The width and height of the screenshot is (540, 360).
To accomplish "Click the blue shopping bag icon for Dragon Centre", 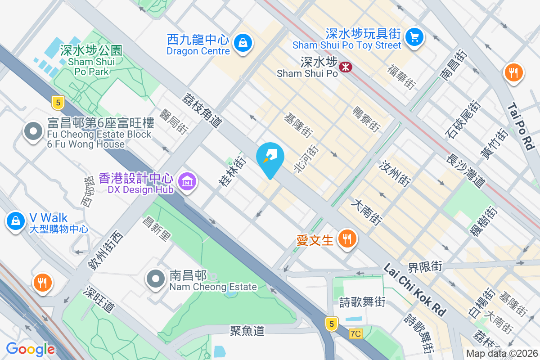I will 243,43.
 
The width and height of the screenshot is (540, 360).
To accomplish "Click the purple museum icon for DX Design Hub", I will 186,182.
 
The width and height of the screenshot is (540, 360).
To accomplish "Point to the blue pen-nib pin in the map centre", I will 270,158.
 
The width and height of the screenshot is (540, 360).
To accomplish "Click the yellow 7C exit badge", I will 355,333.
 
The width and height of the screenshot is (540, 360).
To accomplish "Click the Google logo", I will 31,349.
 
